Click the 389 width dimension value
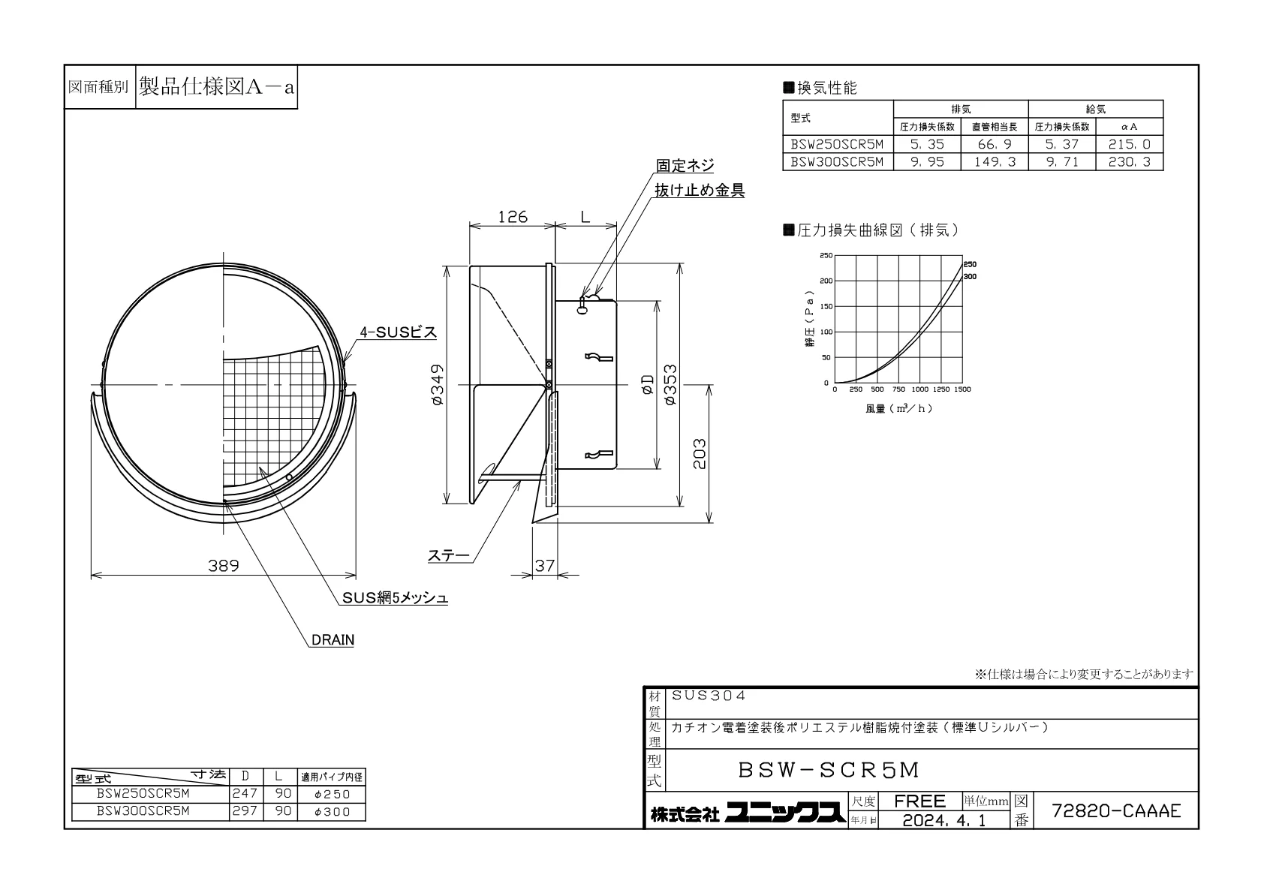pyautogui.click(x=224, y=565)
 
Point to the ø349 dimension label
pyautogui.click(x=438, y=385)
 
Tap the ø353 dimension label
pyautogui.click(x=670, y=385)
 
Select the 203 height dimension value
pyautogui.click(x=699, y=453)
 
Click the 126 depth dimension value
pyautogui.click(x=513, y=217)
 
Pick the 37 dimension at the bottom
pyautogui.click(x=544, y=565)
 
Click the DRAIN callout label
pyautogui.click(x=333, y=639)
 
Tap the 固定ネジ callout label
pyautogui.click(x=685, y=165)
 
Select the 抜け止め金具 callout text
pyautogui.click(x=700, y=190)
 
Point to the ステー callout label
pyautogui.click(x=449, y=555)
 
